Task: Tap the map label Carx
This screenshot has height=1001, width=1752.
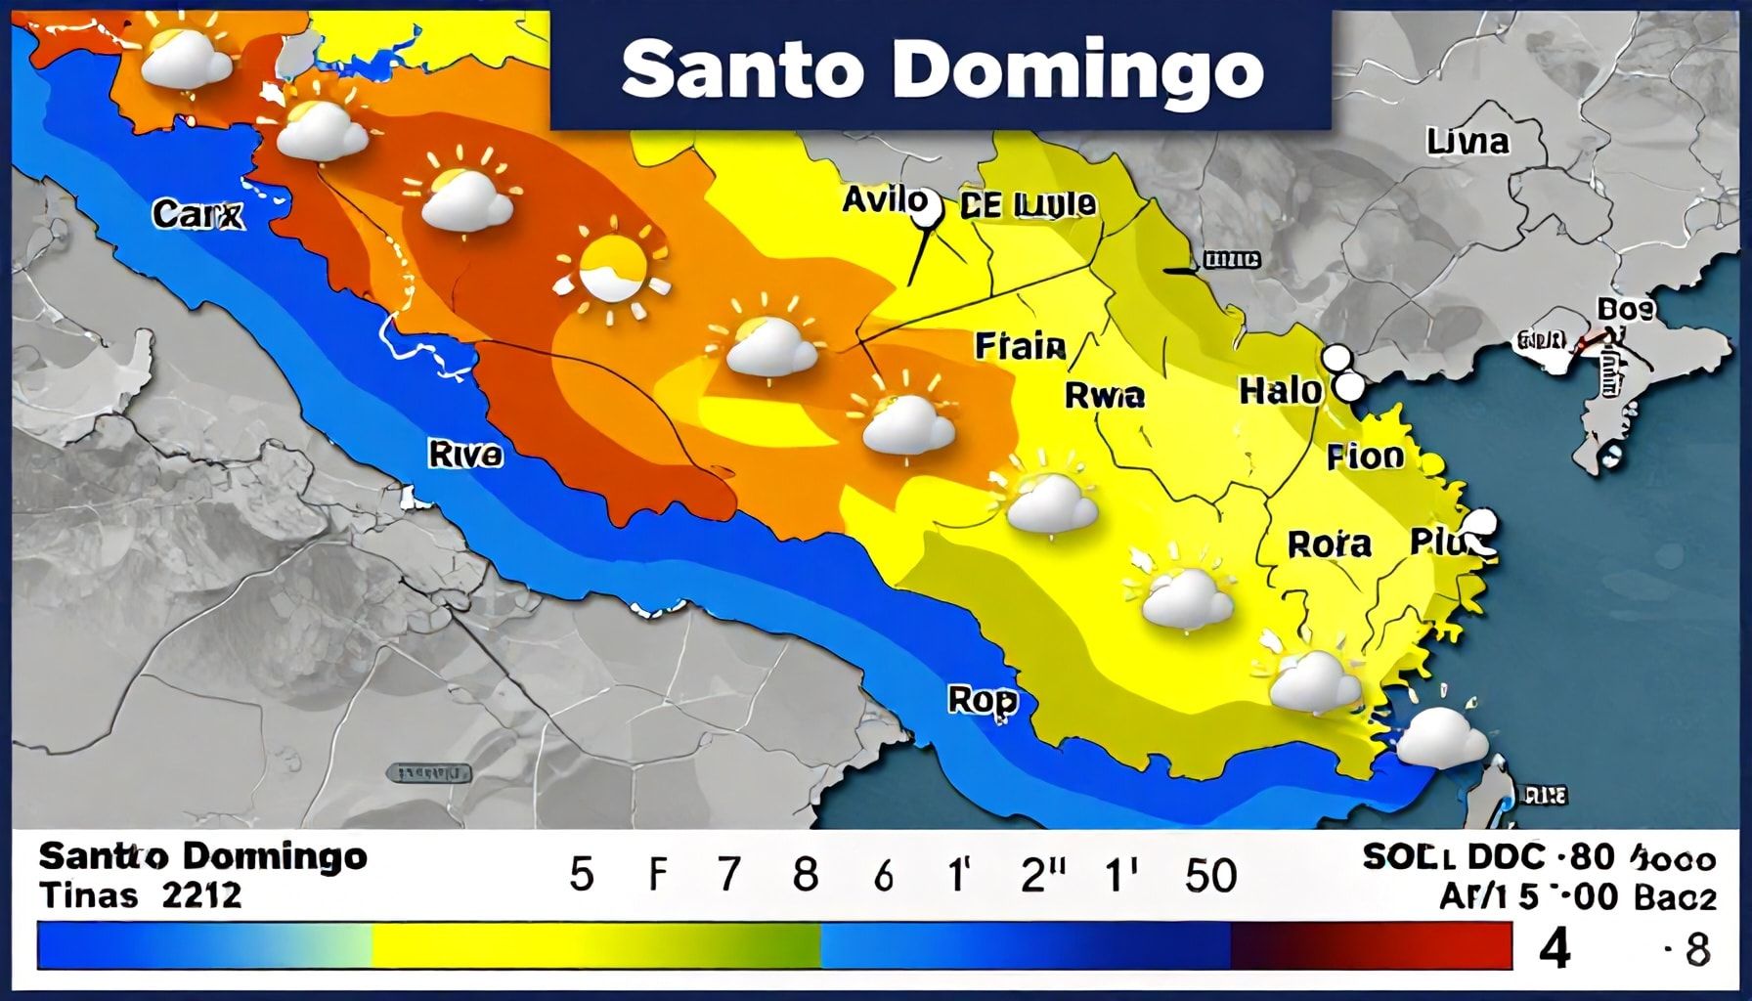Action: pos(197,214)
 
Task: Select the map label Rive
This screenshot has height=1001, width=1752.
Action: pos(465,455)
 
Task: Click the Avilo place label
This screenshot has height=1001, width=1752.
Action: pos(884,201)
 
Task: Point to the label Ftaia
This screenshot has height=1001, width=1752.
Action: pos(1020,346)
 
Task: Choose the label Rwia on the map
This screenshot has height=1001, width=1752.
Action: pos(1104,395)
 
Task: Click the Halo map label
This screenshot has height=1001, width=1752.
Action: pos(1279,391)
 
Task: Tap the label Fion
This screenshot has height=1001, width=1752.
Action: pos(1365,457)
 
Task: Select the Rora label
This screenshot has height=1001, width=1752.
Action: pos(1329,544)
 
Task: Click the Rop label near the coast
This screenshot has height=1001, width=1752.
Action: pos(983,700)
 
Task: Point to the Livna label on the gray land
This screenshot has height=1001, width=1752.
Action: pos(1467,143)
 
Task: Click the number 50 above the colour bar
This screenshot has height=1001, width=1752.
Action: pos(1210,875)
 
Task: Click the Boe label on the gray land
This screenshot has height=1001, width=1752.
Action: pos(1625,310)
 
